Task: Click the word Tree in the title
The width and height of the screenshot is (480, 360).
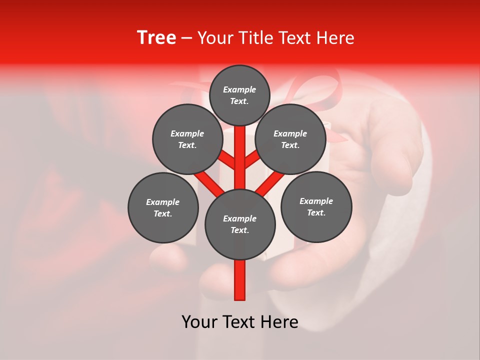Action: [156, 38]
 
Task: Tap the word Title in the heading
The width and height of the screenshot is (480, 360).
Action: [256, 38]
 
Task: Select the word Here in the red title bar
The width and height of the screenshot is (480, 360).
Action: [335, 38]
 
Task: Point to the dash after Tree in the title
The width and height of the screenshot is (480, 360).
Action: [187, 38]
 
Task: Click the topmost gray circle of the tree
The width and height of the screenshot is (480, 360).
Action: [239, 95]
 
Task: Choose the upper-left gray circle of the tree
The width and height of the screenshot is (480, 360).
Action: [187, 139]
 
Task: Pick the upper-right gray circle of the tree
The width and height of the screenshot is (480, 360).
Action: [290, 139]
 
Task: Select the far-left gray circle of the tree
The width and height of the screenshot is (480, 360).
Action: [163, 207]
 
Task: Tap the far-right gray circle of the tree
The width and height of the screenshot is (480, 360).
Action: [316, 206]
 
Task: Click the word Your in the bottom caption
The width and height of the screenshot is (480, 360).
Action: [199, 322]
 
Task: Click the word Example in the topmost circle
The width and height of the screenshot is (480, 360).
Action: [239, 89]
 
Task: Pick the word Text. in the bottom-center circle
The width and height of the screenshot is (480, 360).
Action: [239, 230]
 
